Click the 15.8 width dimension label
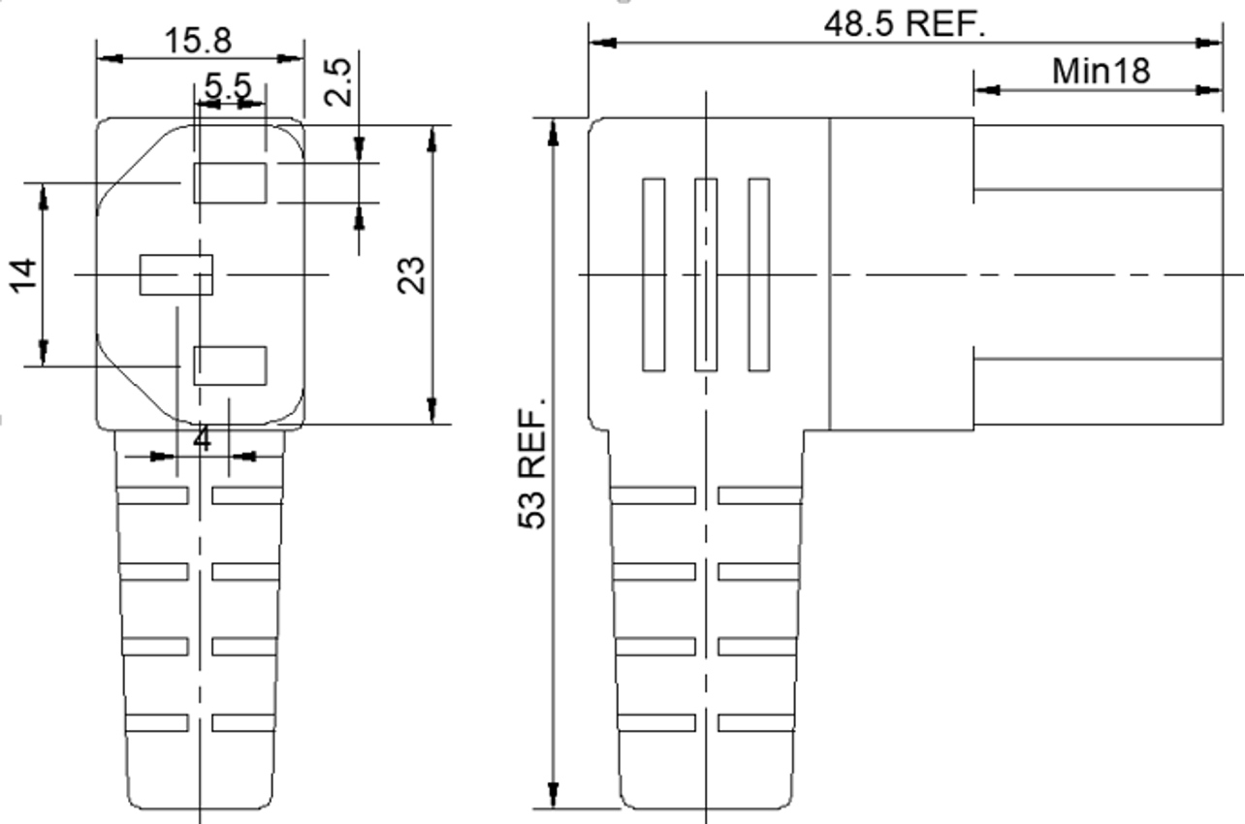pyautogui.click(x=198, y=41)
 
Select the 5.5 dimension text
pyautogui.click(x=228, y=85)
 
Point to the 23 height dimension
pyautogui.click(x=411, y=274)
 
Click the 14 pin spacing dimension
pyautogui.click(x=23, y=274)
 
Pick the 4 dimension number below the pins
pyautogui.click(x=202, y=439)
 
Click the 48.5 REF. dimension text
pyautogui.click(x=904, y=23)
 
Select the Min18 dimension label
pyautogui.click(x=1101, y=71)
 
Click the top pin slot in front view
pyautogui.click(x=230, y=183)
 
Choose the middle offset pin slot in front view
pyautogui.click(x=176, y=274)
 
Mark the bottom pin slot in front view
pyautogui.click(x=230, y=364)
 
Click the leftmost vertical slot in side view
pyautogui.click(x=654, y=274)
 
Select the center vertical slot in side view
pyautogui.click(x=706, y=274)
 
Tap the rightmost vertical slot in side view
pyautogui.click(x=758, y=274)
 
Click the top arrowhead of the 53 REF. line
pyautogui.click(x=553, y=131)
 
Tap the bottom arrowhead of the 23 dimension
pyautogui.click(x=432, y=411)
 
